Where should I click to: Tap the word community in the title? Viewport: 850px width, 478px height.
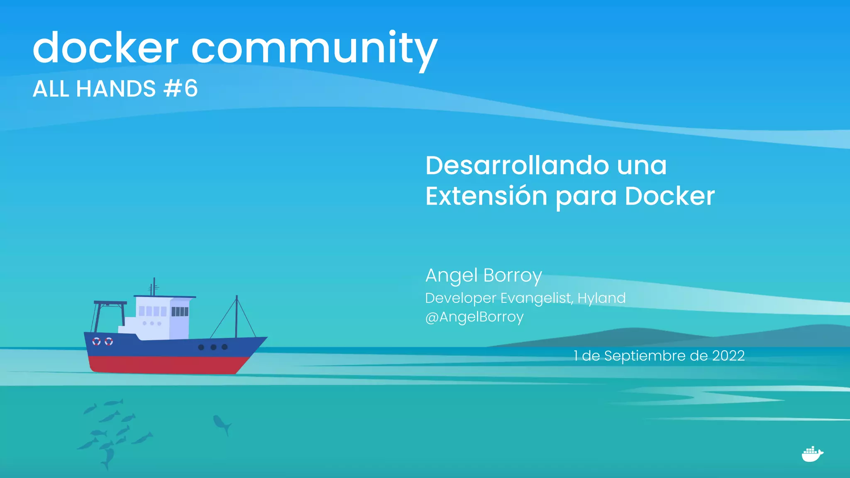click(314, 49)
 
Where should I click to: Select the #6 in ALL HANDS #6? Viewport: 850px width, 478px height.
click(181, 88)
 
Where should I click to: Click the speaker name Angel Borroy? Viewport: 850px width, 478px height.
click(484, 276)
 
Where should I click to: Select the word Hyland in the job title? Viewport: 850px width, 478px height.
click(601, 298)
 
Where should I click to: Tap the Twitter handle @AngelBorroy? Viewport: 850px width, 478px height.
click(474, 317)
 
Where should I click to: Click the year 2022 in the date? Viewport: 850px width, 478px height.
click(728, 356)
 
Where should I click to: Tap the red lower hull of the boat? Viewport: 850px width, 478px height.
click(166, 364)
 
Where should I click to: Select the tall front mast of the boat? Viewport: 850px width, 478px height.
click(237, 315)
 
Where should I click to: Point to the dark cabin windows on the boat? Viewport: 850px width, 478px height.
click(180, 311)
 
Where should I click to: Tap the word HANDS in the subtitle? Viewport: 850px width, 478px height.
click(116, 89)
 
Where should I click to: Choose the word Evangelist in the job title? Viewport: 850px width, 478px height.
click(536, 298)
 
